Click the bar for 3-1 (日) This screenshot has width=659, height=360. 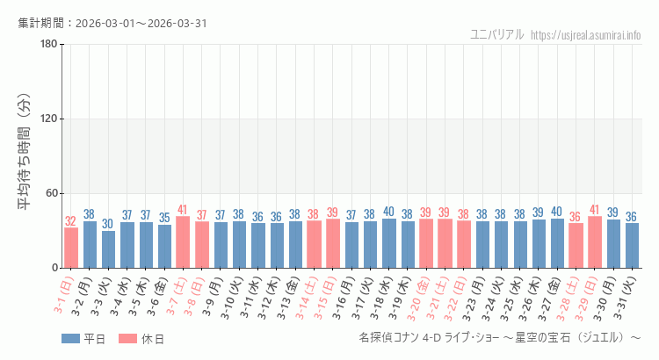[x=71, y=248]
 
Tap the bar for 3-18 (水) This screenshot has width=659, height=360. [x=388, y=243]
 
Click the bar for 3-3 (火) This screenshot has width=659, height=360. [x=108, y=249]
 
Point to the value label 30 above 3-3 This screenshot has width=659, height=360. [x=108, y=224]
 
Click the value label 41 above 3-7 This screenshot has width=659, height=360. [x=183, y=210]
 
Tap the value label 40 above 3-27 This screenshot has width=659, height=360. [x=556, y=212]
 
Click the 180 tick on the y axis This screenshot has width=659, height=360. [x=48, y=44]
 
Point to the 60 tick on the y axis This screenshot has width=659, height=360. [x=51, y=193]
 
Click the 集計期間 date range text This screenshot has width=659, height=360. [x=112, y=23]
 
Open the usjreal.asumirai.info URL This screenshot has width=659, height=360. [x=586, y=34]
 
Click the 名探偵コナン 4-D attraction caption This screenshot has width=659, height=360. [x=500, y=338]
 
